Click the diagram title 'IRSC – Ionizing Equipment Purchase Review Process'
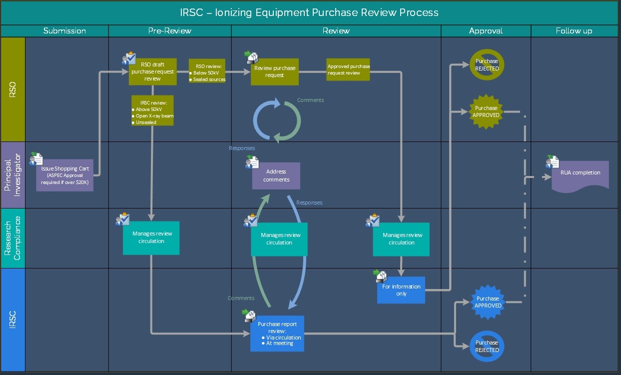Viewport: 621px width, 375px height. [309, 12]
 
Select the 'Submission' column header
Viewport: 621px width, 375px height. [64, 31]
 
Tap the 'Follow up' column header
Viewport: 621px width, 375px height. [574, 31]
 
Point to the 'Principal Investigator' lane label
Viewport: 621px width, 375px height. [12, 175]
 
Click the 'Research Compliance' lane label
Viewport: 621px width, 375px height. [12, 238]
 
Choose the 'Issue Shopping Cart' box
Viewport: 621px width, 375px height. [65, 175]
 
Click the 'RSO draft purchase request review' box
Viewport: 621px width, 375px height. [152, 71]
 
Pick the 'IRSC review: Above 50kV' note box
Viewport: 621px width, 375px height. [152, 110]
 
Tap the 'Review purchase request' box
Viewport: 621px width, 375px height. [275, 71]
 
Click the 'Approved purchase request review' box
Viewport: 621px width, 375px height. [348, 69]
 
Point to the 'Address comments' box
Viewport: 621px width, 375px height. [276, 175]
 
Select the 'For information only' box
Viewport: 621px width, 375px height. [401, 290]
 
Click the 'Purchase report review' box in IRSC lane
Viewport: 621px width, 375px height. [277, 333]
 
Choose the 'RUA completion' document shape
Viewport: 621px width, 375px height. [580, 174]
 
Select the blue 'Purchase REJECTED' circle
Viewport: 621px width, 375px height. [487, 346]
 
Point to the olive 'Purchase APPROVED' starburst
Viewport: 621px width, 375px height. [486, 111]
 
